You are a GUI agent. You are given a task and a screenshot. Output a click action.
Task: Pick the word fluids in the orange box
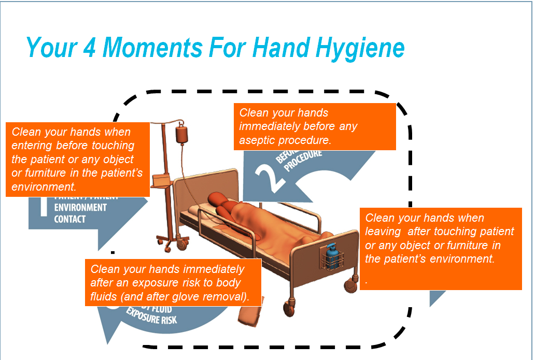[103, 297]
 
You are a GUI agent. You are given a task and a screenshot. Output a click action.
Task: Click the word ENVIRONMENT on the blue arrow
[80, 207]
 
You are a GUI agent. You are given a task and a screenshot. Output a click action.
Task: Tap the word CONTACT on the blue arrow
[69, 219]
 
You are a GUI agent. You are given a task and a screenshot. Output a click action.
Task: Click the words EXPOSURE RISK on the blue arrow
[152, 315]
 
